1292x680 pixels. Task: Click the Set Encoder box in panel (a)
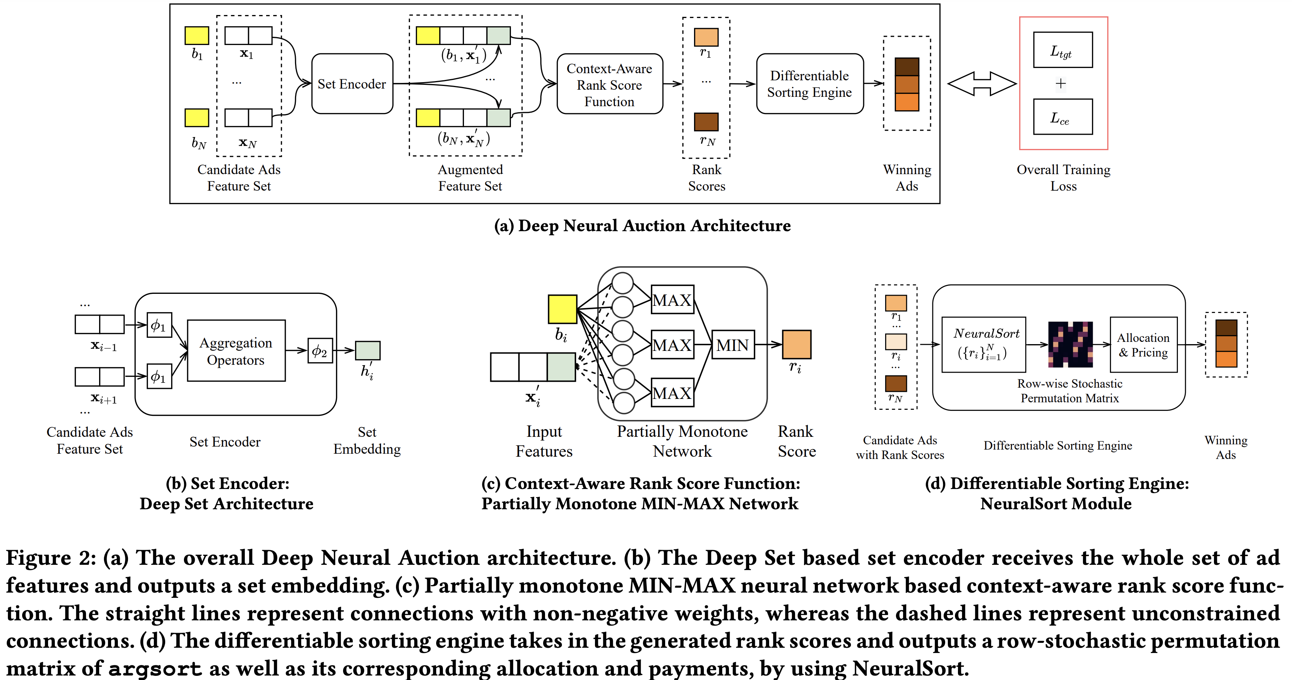click(x=352, y=84)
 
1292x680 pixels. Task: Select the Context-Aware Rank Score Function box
click(x=609, y=84)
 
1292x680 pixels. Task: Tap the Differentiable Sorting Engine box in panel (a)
click(x=810, y=84)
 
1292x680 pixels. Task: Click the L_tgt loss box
click(x=1062, y=50)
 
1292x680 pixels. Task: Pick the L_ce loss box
click(x=1062, y=117)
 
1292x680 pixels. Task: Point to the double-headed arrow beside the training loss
click(x=982, y=84)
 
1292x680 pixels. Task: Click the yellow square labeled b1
click(x=197, y=36)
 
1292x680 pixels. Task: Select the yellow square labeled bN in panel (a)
click(x=197, y=118)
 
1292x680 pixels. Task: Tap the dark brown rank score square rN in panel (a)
click(x=706, y=122)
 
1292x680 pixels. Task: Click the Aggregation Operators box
click(x=236, y=351)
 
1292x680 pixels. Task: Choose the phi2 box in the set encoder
click(x=320, y=351)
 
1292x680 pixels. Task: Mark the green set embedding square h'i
click(x=367, y=351)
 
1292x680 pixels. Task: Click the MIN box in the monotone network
click(x=733, y=345)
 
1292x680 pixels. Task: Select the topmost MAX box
click(x=672, y=300)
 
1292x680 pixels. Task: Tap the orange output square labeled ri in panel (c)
click(x=797, y=345)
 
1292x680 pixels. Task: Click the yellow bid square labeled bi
click(x=562, y=309)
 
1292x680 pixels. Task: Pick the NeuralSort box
click(x=983, y=345)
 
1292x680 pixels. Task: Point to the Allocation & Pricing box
click(x=1143, y=345)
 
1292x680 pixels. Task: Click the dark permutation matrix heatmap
click(x=1070, y=345)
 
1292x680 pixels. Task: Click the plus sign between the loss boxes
click(x=1060, y=83)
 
